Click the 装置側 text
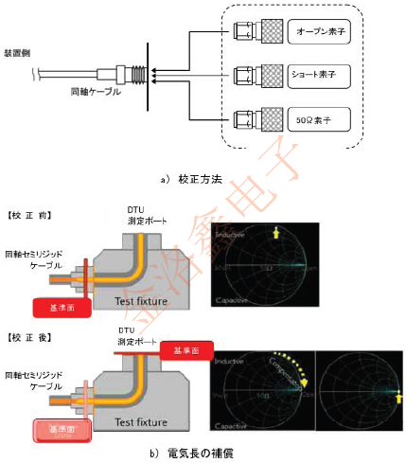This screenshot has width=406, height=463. (x=20, y=53)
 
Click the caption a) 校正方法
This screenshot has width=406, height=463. (x=192, y=178)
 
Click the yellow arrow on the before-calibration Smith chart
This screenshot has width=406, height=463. (x=276, y=232)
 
